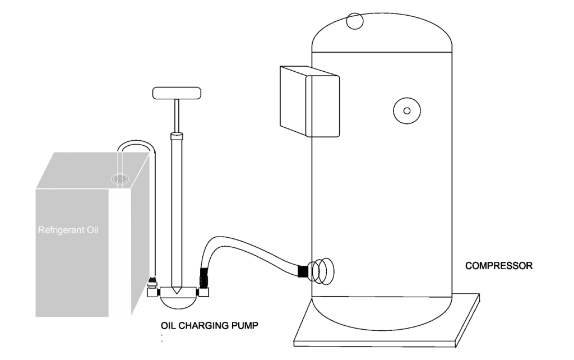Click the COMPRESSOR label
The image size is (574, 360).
coord(498,265)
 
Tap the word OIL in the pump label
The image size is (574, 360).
coord(169,325)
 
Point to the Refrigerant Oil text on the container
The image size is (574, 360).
coord(68,230)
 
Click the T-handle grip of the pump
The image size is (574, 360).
coord(177,93)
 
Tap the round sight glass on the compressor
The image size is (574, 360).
coord(407,110)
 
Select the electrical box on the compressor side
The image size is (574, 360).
coord(309,101)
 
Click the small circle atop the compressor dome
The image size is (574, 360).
coord(354,21)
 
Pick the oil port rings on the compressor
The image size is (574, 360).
coord(321,271)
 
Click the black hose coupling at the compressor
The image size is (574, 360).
coord(303,271)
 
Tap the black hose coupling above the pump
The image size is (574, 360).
coord(203,278)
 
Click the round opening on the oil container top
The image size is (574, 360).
coord(120,179)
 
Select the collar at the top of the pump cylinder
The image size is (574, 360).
coord(177,136)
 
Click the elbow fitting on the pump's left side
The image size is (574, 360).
coord(152,289)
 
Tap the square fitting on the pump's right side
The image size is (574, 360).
coord(203,292)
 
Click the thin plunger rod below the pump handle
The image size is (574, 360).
coord(177,116)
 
